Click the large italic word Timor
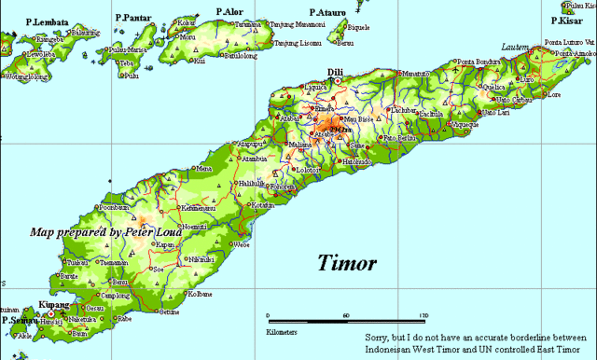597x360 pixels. tap(347, 262)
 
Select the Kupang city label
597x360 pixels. tap(55, 304)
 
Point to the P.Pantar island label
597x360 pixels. tap(133, 18)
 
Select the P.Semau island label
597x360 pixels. tap(19, 319)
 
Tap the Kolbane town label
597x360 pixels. tap(201, 294)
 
